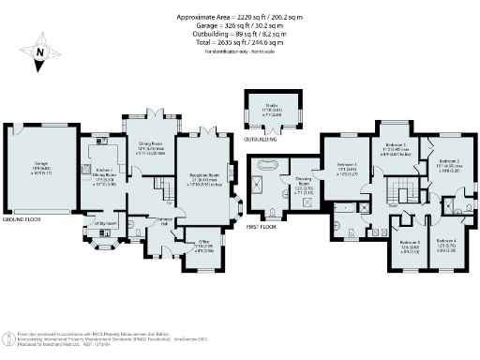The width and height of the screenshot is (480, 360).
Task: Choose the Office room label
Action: (x=203, y=247)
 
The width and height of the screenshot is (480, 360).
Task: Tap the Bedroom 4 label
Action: (x=447, y=245)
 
